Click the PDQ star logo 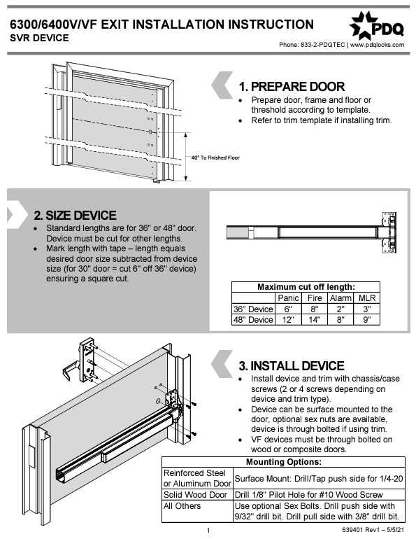point(363,26)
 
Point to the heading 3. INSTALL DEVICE point(291,365)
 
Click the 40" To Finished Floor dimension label point(215,157)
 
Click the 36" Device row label point(252,309)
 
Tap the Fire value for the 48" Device point(315,320)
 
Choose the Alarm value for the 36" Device point(340,309)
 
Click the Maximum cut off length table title point(306,287)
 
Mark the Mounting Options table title point(284,462)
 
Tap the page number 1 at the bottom point(208,531)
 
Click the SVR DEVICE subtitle point(39,38)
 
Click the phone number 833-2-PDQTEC point(322,45)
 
